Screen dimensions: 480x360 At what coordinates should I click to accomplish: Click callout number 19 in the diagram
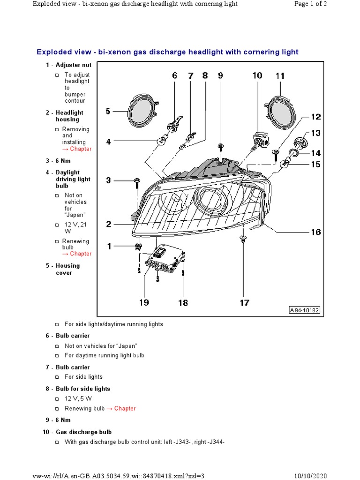point(144,302)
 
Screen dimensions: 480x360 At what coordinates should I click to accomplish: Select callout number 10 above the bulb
point(257,75)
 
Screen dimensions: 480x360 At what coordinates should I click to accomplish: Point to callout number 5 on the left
point(108,111)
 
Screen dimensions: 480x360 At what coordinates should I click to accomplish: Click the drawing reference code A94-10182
point(304,310)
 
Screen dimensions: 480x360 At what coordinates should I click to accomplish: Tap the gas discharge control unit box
point(165,258)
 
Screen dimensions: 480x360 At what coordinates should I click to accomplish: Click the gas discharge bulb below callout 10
point(258,140)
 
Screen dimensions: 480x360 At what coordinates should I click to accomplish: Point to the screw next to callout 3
point(137,181)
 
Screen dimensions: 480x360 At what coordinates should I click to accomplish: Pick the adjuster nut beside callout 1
point(138,246)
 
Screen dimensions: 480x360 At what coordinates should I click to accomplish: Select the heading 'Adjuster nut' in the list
point(74,65)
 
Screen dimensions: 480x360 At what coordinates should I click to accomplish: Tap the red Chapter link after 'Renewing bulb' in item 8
point(125,408)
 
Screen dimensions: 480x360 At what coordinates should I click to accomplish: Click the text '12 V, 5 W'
point(78,398)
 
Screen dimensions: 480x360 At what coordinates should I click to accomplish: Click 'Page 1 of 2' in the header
point(310,4)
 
